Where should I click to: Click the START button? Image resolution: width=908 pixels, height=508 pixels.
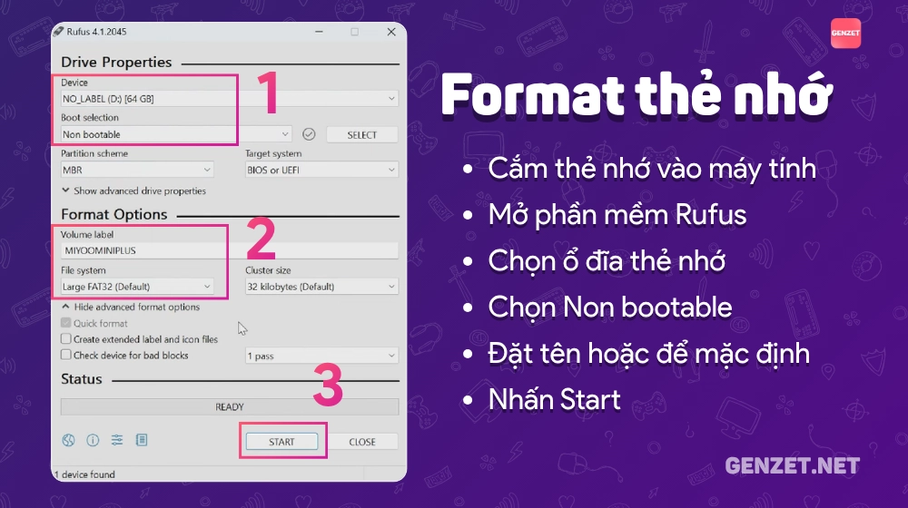coord(281,442)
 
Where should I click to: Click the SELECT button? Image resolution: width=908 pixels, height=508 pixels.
coord(362,135)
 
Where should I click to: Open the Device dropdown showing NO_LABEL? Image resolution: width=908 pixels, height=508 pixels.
coord(230,99)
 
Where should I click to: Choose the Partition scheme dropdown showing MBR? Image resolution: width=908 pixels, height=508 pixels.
coord(137,171)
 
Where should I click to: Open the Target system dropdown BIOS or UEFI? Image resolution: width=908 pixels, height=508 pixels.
coord(321,171)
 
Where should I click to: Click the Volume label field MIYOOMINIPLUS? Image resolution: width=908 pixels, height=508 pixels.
coord(230,250)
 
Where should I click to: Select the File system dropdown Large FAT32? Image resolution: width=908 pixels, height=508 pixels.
coord(137,287)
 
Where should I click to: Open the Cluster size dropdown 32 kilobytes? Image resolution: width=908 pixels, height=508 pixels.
coord(321,287)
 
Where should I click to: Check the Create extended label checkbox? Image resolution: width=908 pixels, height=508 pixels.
coord(66,339)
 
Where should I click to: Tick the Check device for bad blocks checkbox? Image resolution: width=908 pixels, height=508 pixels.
coord(66,356)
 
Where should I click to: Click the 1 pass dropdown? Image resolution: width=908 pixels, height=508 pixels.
coord(321,356)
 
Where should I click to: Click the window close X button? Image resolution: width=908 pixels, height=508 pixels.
coord(391,32)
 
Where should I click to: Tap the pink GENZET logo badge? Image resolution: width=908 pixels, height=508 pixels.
coord(845,33)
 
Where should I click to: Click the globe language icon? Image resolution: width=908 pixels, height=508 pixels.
coord(68,440)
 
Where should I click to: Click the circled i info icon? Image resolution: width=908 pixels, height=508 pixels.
coord(93,440)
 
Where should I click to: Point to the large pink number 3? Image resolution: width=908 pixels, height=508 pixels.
coord(328,385)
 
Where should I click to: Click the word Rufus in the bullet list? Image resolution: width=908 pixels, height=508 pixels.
coord(711,215)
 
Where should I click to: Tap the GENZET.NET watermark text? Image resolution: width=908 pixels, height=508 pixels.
coord(792,465)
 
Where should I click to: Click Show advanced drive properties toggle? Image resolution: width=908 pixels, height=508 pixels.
coord(133,190)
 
